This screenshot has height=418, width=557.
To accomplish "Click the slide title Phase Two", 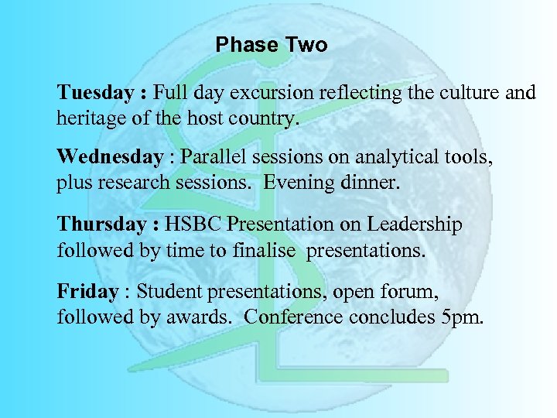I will pos(272,45).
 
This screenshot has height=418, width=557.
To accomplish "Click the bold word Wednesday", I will pos(110,158).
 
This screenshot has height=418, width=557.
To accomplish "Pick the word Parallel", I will pos(210,158).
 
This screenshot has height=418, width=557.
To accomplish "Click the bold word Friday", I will pos(87,291).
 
